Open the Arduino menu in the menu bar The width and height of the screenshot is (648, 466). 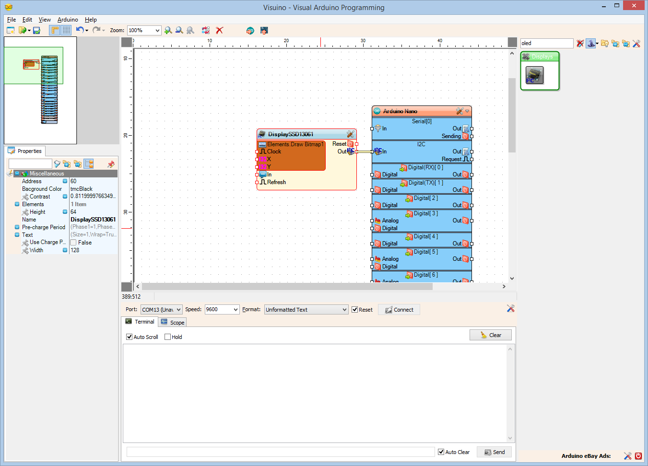coord(68,20)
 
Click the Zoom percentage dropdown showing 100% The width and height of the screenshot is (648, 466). coord(144,30)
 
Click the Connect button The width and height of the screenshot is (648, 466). coord(399,310)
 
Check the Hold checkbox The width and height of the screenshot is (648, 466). coord(168,337)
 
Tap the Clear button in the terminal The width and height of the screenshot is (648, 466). coord(491,335)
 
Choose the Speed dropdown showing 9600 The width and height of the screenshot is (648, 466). coord(222,310)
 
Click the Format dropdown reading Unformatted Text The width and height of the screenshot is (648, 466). coord(306,310)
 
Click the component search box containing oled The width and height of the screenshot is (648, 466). coord(546,43)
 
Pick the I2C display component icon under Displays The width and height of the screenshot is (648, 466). coord(534,75)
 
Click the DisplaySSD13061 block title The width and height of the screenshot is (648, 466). coord(291,134)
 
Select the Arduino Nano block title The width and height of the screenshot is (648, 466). coord(400,111)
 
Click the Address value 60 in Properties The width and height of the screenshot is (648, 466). coord(73,181)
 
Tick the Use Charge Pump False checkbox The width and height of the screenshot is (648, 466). coord(73,243)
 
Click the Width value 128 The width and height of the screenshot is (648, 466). coord(75,250)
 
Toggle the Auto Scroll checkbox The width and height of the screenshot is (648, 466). coord(130,337)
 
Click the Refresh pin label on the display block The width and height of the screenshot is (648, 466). coord(276,182)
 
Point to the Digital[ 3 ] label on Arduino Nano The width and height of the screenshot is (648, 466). coord(425,213)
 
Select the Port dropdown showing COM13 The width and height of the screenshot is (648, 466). coord(161,310)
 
